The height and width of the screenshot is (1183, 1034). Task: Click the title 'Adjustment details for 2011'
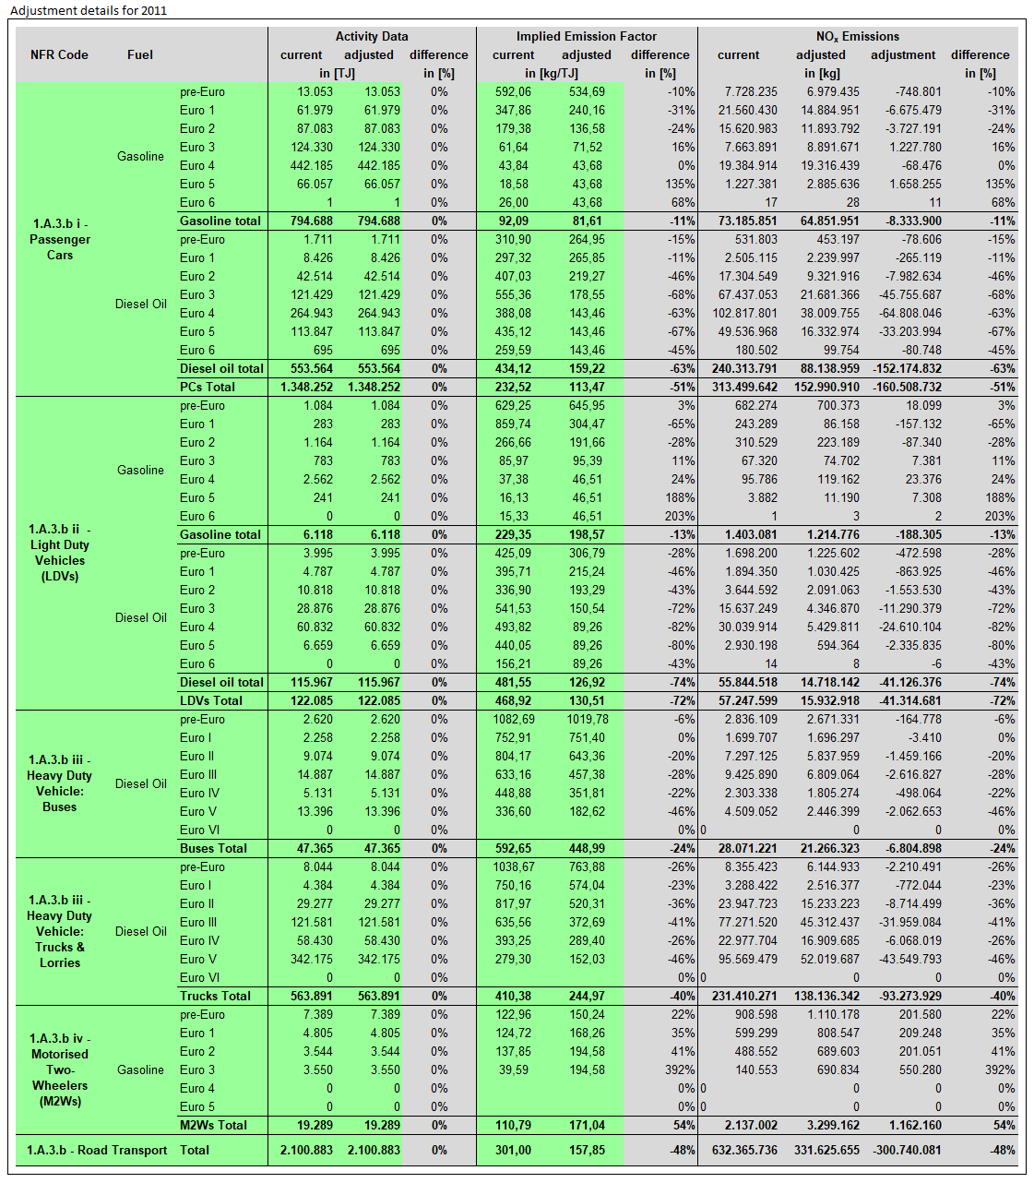(89, 10)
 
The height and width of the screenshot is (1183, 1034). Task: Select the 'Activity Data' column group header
(371, 36)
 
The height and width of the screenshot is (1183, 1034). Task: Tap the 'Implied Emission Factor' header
(586, 36)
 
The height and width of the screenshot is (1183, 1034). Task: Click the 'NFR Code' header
(59, 54)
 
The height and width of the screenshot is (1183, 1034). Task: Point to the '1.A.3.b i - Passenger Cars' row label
(60, 239)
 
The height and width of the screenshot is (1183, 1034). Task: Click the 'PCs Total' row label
(208, 387)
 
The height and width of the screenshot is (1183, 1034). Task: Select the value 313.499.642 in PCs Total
(744, 387)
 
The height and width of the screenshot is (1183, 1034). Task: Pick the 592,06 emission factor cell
(513, 91)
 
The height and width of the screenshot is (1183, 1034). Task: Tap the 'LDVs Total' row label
(211, 700)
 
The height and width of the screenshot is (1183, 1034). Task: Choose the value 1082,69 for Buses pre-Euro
(514, 719)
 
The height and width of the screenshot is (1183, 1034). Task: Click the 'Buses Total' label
(213, 848)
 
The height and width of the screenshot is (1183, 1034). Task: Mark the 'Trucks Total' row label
(215, 996)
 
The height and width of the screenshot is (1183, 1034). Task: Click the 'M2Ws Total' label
(213, 1125)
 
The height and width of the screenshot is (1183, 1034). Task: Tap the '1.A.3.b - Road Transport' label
(97, 1150)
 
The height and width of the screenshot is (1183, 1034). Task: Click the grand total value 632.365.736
(744, 1150)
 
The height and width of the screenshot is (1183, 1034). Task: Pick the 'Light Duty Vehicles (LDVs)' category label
(60, 552)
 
